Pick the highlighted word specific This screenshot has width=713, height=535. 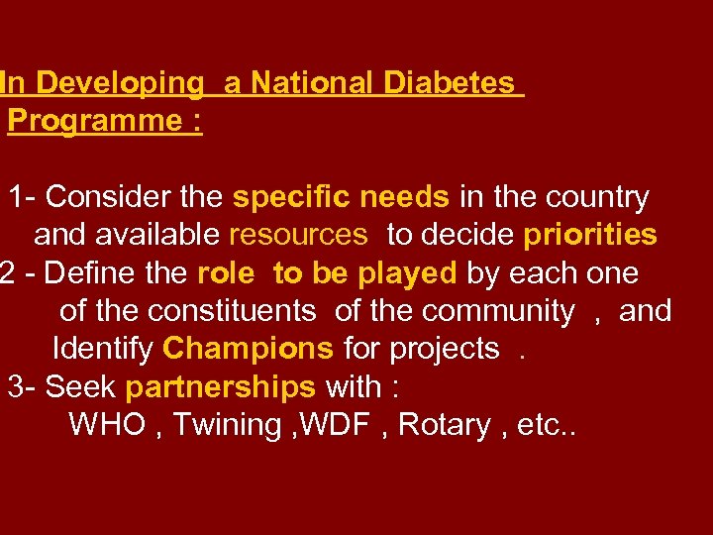pyautogui.click(x=291, y=197)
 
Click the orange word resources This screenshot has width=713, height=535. pyautogui.click(x=297, y=235)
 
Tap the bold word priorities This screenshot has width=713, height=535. pyautogui.click(x=590, y=235)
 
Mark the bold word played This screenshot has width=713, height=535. pyautogui.click(x=407, y=272)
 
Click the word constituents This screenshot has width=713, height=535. pyautogui.click(x=232, y=311)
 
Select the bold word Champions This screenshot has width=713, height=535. pyautogui.click(x=248, y=349)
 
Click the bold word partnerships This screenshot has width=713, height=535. pyautogui.click(x=221, y=386)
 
